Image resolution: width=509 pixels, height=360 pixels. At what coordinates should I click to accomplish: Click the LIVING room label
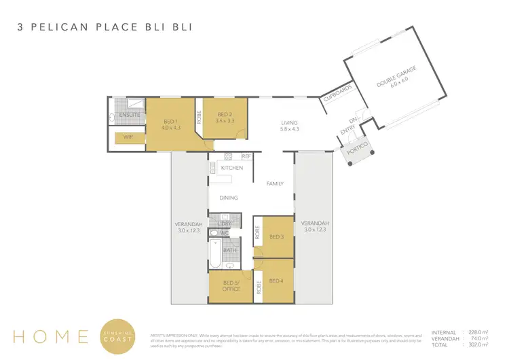pyautogui.click(x=290, y=126)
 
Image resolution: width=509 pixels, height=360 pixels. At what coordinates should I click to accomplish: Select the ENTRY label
pyautogui.click(x=347, y=130)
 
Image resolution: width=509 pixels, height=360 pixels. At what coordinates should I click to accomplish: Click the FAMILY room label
pyautogui.click(x=275, y=183)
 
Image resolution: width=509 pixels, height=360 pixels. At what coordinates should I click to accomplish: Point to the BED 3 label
pyautogui.click(x=276, y=236)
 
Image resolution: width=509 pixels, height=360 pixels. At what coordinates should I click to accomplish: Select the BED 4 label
pyautogui.click(x=276, y=281)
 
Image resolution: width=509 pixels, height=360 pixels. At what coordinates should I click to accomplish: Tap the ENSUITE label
pyautogui.click(x=130, y=115)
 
